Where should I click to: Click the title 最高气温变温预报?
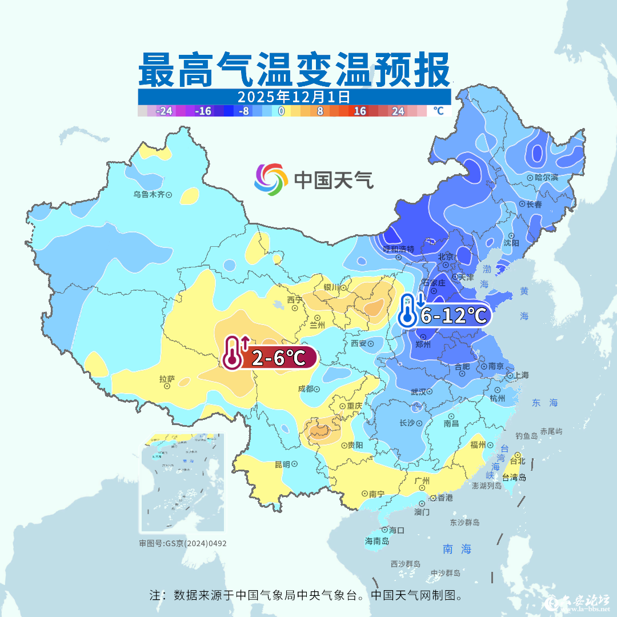click(x=294, y=70)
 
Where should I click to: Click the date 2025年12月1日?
click(x=294, y=96)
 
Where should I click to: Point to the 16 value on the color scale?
click(x=359, y=111)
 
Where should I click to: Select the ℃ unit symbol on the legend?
click(x=438, y=111)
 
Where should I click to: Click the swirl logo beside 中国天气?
click(x=271, y=179)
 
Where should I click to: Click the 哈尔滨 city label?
click(x=547, y=178)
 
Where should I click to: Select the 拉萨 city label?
click(x=167, y=379)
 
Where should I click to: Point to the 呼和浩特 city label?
click(x=398, y=250)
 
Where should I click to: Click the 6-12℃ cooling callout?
click(x=454, y=315)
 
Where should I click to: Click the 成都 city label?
click(x=306, y=389)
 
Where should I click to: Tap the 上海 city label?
click(x=521, y=375)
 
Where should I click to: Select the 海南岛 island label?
click(x=377, y=541)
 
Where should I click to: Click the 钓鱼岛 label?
click(x=526, y=436)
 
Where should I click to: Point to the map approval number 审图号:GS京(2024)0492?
click(x=183, y=543)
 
